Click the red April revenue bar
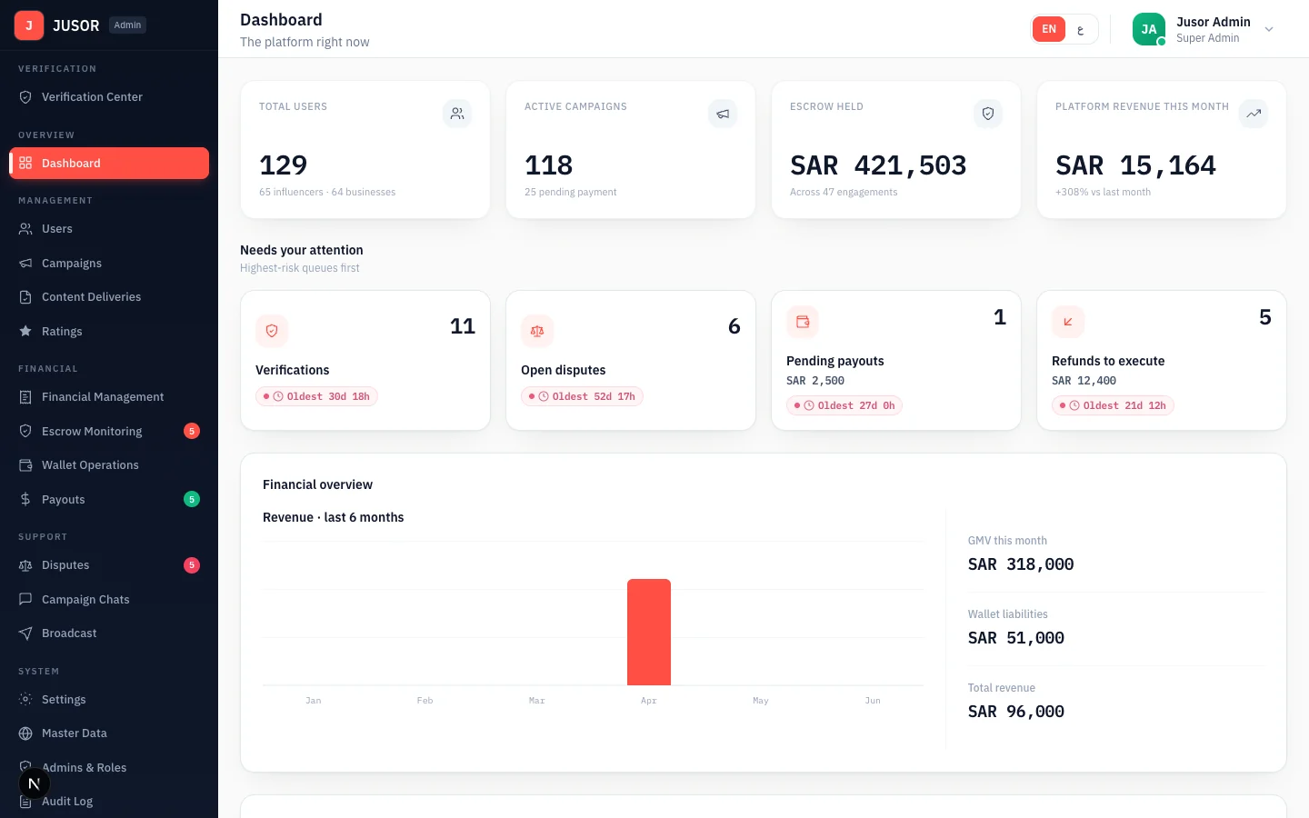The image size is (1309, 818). (x=649, y=632)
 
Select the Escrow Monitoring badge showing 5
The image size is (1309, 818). (x=192, y=431)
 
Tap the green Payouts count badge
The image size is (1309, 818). (x=192, y=499)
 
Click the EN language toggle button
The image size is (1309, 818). (x=1049, y=29)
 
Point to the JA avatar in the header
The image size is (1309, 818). (x=1148, y=29)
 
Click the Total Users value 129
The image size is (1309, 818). (x=284, y=165)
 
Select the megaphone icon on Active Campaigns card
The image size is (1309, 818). (x=723, y=114)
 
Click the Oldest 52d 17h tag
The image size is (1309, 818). (x=582, y=396)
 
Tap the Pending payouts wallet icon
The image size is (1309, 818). (x=803, y=322)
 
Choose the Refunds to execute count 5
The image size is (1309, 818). (x=1264, y=317)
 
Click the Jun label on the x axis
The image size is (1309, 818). (x=873, y=701)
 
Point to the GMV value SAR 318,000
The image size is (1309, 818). (x=1021, y=564)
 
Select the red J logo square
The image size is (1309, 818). (x=29, y=25)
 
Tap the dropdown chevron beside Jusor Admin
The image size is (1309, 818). (x=1269, y=29)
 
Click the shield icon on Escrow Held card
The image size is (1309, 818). (x=988, y=114)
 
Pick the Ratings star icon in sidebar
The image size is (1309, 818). (x=25, y=331)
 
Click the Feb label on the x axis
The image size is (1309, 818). (x=425, y=701)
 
